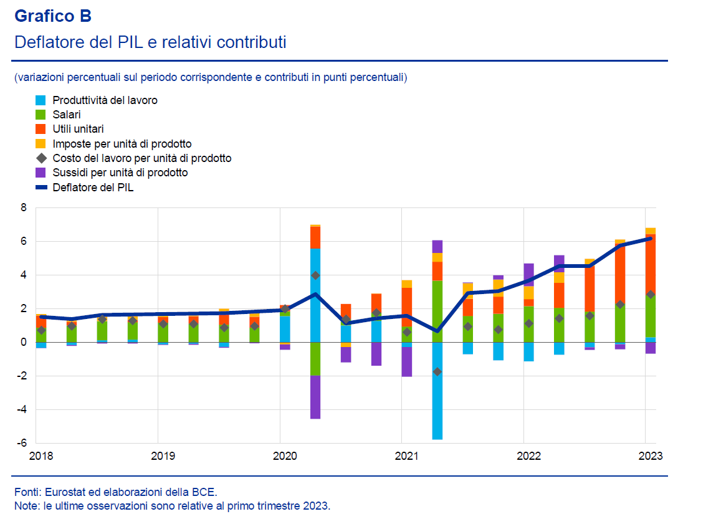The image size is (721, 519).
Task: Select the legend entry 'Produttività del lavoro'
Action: [105, 100]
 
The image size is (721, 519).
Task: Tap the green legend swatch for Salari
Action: [41, 115]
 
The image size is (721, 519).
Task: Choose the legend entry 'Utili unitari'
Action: [78, 129]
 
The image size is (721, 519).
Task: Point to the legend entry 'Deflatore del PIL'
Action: [93, 187]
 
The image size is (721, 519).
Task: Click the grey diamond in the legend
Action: [41, 158]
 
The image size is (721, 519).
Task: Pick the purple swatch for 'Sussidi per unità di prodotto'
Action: [41, 173]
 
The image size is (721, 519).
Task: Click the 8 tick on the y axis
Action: [24, 207]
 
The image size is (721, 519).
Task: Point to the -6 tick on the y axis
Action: [22, 443]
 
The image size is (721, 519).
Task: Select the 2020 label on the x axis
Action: [284, 455]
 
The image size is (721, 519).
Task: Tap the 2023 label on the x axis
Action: [650, 455]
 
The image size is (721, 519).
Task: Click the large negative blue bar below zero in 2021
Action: [437, 391]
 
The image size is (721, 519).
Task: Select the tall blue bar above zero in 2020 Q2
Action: [315, 295]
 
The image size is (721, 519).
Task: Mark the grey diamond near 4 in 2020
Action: [315, 275]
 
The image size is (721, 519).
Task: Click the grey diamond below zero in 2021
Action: [437, 371]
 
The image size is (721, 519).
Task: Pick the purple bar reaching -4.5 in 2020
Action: [315, 397]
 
